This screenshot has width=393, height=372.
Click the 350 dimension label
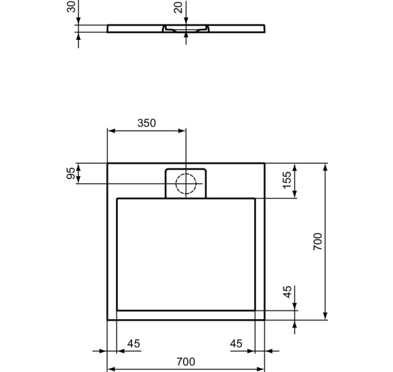[x=146, y=123]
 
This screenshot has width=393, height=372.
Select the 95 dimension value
[x=70, y=173]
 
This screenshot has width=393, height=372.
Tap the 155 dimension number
[x=287, y=181]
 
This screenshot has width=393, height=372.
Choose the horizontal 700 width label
[x=186, y=362]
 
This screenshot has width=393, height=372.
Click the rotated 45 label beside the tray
[x=287, y=292]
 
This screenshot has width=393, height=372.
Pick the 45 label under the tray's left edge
[x=133, y=344]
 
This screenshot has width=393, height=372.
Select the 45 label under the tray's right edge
[x=236, y=344]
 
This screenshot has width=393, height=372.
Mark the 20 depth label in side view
[x=178, y=8]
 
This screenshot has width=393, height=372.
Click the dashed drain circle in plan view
[x=186, y=183]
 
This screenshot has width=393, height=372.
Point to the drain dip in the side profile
[x=186, y=30]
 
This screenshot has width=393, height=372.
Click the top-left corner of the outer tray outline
[x=108, y=163]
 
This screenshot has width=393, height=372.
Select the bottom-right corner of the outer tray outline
[x=264, y=319]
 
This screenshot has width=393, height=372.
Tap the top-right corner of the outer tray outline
[x=264, y=163]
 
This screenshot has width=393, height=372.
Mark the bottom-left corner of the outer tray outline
[x=108, y=319]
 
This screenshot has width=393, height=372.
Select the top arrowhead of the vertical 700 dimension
[x=327, y=166]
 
